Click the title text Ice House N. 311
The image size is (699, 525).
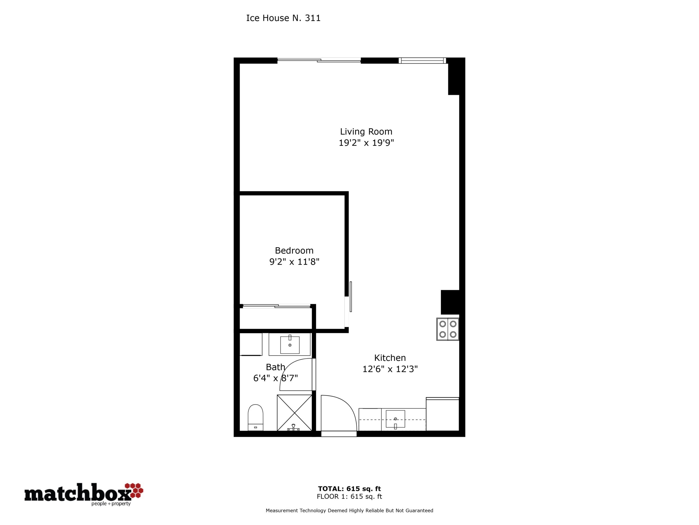(x=283, y=18)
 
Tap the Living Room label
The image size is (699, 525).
(x=366, y=131)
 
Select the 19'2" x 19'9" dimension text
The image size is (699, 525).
(x=366, y=143)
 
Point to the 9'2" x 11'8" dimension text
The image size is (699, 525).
(x=294, y=262)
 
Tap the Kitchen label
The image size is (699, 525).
(x=390, y=358)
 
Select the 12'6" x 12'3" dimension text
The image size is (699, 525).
(x=390, y=369)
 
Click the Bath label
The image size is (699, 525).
(x=275, y=367)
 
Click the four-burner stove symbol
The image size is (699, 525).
(x=448, y=329)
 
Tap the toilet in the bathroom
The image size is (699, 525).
(x=255, y=418)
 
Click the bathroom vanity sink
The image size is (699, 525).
(x=290, y=345)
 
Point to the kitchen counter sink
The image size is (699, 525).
(x=395, y=419)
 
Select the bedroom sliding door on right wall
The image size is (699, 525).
(x=350, y=296)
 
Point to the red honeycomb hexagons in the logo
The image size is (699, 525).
(x=134, y=490)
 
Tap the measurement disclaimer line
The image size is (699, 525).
(x=349, y=511)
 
